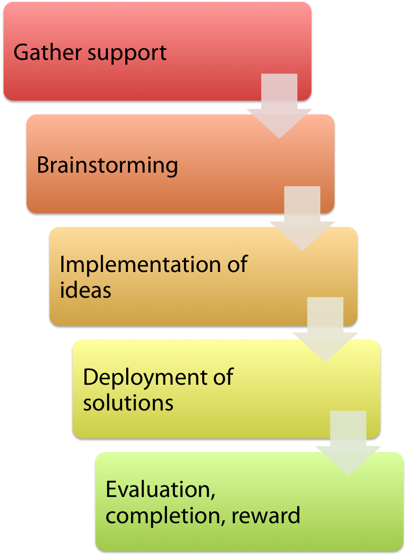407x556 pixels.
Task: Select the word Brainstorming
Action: (107, 166)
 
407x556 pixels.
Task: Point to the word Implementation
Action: (140, 265)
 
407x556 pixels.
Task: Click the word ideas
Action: (85, 291)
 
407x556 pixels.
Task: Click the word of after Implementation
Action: (238, 265)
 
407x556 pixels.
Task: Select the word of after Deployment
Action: (223, 378)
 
